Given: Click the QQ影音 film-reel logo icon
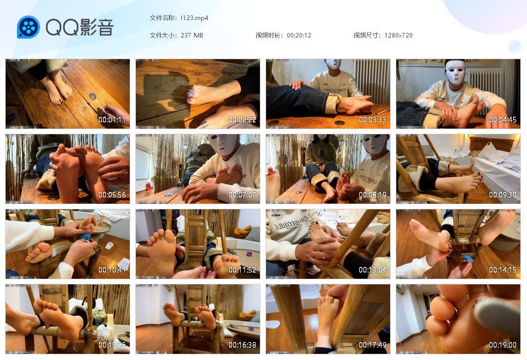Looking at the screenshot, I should coord(28,27).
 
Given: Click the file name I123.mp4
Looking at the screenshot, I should coord(194,18).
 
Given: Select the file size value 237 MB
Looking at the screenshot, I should coord(192,35).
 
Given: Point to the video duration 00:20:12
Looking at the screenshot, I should coord(299,35).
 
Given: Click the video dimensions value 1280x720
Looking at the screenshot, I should coord(398,35).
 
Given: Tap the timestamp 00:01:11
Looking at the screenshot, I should coord(112,120).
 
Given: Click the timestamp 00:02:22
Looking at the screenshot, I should coord(242,120).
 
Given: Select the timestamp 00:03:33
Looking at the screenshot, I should coord(372,120).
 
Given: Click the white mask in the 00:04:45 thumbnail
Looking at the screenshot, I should coord(455,72).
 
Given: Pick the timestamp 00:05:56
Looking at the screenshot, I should coord(112,195).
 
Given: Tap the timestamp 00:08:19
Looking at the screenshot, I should coord(372,195).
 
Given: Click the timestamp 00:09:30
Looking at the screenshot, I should coord(502,195).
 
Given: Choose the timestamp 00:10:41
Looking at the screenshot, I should coord(112,270).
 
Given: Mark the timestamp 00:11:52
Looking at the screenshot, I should coord(242,270).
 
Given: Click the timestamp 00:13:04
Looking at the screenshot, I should coord(372,270).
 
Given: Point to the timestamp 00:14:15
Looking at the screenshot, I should coord(502,270).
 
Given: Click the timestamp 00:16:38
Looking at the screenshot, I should coord(242,345).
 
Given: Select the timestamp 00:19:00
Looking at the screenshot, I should coord(502,345).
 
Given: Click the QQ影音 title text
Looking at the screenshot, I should coord(79,28).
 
